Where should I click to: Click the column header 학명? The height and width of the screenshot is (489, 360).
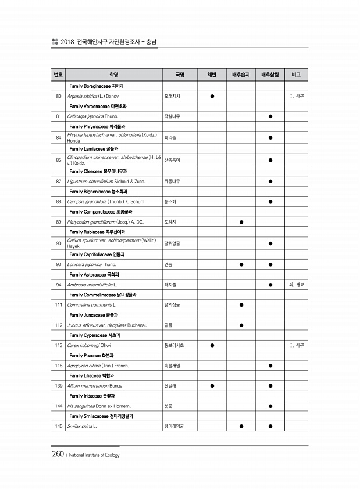(113, 75)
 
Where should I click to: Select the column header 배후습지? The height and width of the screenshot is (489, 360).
(241, 75)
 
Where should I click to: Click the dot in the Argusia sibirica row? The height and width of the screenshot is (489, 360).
(212, 95)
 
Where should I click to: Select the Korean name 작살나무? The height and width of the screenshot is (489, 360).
(172, 116)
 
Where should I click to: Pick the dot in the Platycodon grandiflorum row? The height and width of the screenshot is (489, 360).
(241, 222)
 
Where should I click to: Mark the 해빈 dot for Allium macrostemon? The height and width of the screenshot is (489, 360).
(212, 385)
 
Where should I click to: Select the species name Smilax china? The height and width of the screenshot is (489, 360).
(82, 426)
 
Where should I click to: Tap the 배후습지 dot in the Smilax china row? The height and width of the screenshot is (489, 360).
(241, 426)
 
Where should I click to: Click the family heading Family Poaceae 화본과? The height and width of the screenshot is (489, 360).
(91, 355)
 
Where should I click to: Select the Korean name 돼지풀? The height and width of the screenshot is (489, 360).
(170, 285)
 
